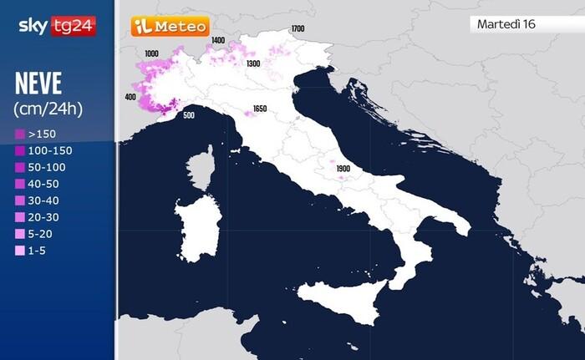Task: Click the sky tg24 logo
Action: click(x=57, y=26)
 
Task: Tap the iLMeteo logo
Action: click(x=170, y=26)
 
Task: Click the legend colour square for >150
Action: click(x=19, y=134)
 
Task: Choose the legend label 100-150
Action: click(x=50, y=150)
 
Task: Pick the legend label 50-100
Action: click(x=48, y=167)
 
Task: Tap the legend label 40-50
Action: click(x=44, y=184)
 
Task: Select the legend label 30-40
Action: click(x=44, y=200)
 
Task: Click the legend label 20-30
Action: click(x=44, y=217)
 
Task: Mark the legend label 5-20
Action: click(x=42, y=234)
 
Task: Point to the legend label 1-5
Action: click(x=38, y=251)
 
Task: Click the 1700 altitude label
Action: click(x=298, y=29)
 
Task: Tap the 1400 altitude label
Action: click(x=218, y=40)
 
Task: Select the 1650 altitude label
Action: click(x=260, y=109)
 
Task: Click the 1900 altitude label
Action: click(x=343, y=169)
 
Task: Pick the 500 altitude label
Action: click(x=188, y=115)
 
